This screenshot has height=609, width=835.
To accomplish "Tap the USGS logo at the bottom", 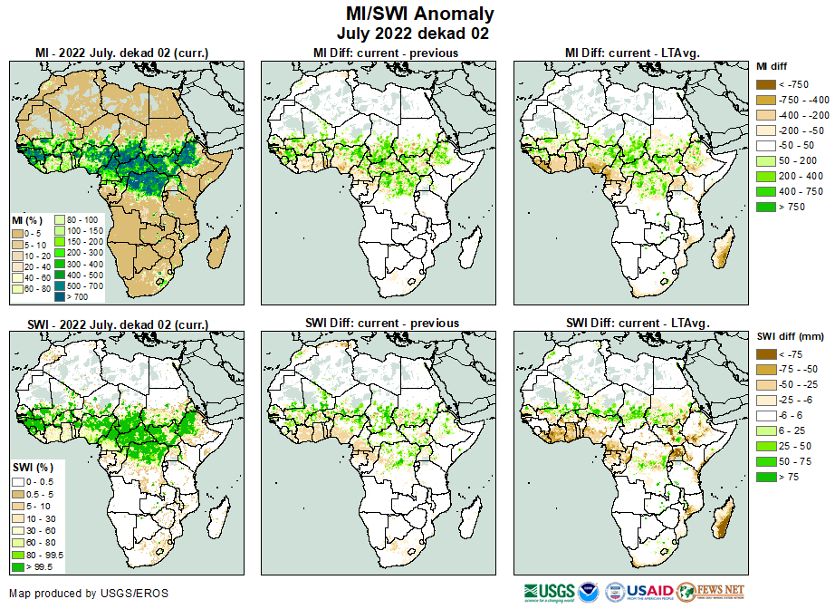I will [x=549, y=592].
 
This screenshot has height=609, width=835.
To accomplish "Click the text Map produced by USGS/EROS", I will [x=89, y=594].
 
